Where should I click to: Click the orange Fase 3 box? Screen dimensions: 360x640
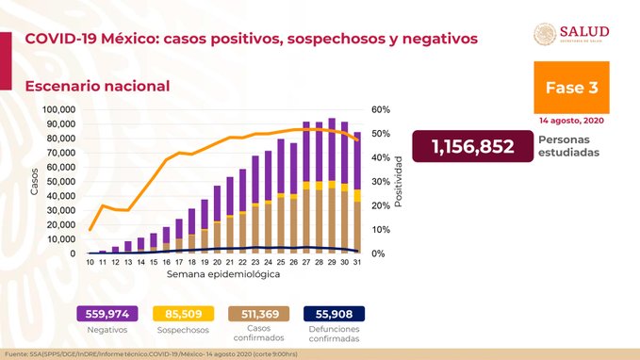[x=571, y=87]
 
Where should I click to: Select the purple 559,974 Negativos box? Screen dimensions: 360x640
[x=108, y=314]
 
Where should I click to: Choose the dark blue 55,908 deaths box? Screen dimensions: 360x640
[x=334, y=314]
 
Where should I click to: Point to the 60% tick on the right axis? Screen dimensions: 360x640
[x=381, y=109]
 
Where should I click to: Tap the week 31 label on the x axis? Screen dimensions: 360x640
[x=356, y=261]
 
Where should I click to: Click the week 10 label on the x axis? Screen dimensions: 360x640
[x=90, y=261]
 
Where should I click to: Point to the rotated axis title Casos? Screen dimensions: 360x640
[x=35, y=182]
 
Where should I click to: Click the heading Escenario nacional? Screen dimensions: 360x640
[x=97, y=86]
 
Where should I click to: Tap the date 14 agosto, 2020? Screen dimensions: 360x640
[x=572, y=121]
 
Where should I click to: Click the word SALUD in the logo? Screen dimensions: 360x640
[x=584, y=31]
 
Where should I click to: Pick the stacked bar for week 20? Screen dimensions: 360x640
[x=217, y=220]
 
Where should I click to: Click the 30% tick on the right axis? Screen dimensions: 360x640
[x=381, y=182]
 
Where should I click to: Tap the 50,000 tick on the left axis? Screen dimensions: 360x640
[x=59, y=182]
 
